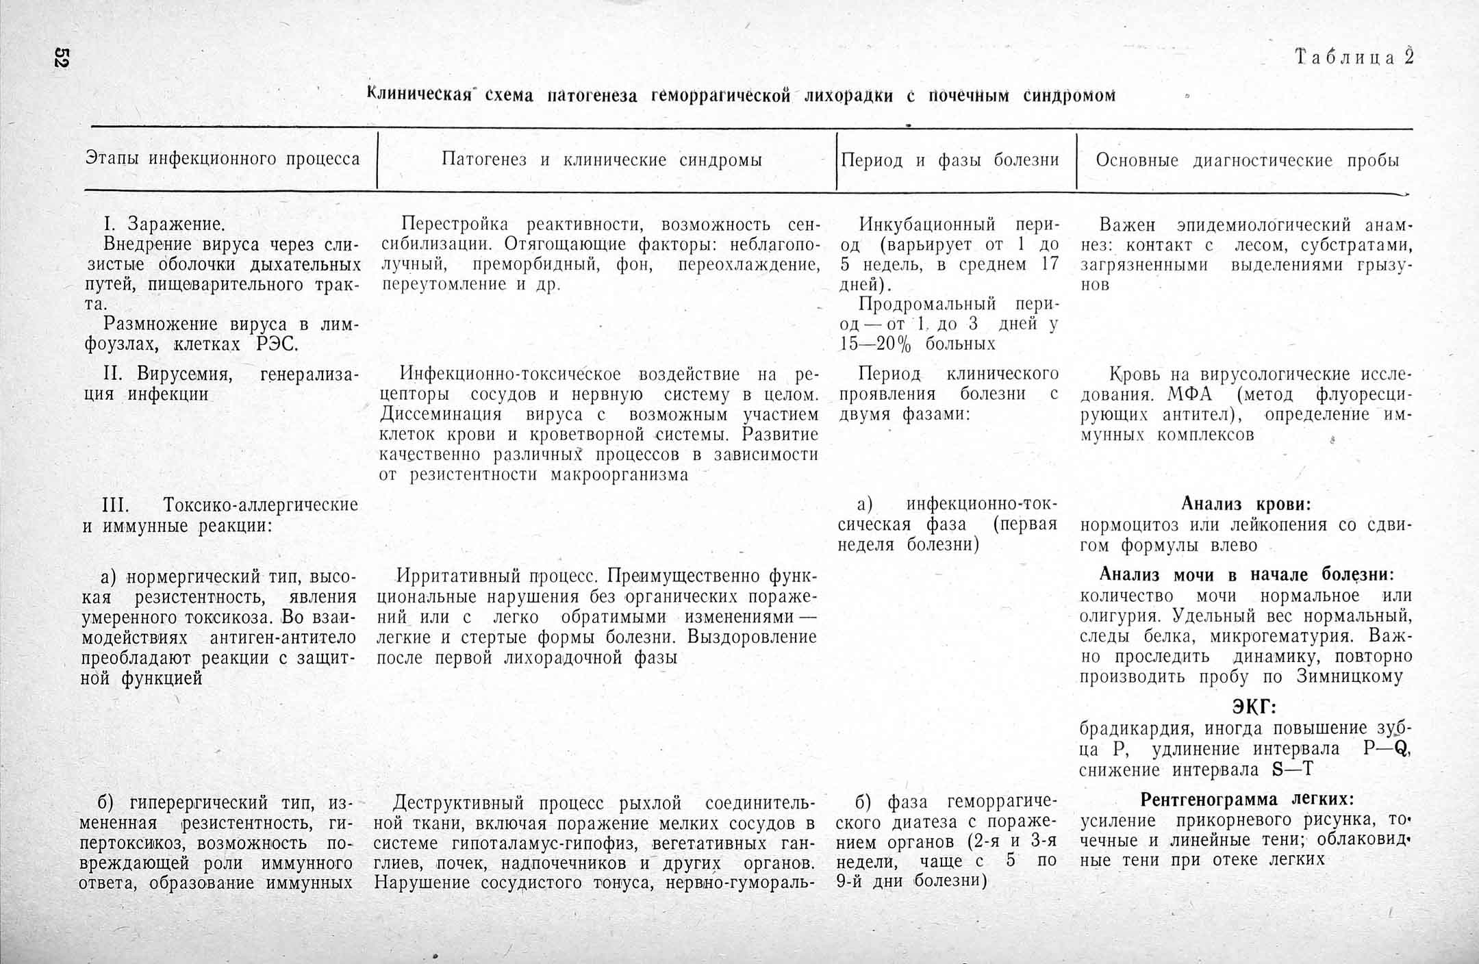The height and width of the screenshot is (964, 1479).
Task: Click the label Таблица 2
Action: pyautogui.click(x=1354, y=57)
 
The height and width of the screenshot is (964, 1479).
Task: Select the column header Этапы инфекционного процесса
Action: pyautogui.click(x=223, y=159)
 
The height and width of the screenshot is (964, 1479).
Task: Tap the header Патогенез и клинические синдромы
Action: pyautogui.click(x=601, y=160)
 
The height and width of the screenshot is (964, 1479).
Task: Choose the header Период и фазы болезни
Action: pyautogui.click(x=950, y=160)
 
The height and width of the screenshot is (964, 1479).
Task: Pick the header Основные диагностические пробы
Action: pyautogui.click(x=1247, y=160)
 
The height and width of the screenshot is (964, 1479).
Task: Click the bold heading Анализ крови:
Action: pyautogui.click(x=1246, y=505)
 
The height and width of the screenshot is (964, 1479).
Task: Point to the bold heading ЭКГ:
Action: pyautogui.click(x=1254, y=707)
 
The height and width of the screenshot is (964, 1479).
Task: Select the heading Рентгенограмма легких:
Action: pyautogui.click(x=1247, y=799)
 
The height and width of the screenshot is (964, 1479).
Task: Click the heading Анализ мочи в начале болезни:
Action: pyautogui.click(x=1246, y=574)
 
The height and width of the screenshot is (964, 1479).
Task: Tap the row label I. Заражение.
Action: pyautogui.click(x=164, y=224)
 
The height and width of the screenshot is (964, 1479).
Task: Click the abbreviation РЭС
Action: pyautogui.click(x=277, y=344)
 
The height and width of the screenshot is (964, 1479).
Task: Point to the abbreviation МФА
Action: pyautogui.click(x=1190, y=394)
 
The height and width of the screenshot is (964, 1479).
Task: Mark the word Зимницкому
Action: pyautogui.click(x=1350, y=676)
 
